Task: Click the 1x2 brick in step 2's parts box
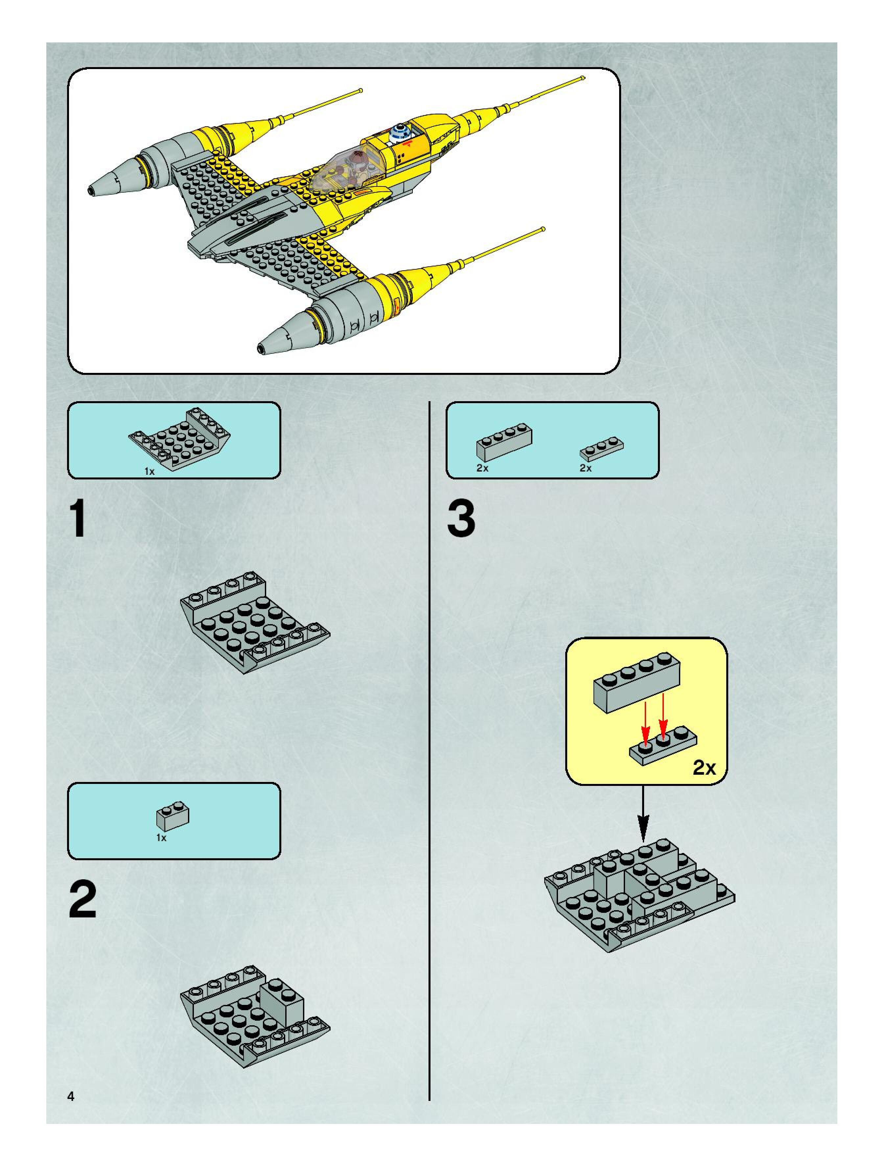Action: point(173,816)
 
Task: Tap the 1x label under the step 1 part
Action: point(149,472)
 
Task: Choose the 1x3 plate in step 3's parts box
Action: point(602,448)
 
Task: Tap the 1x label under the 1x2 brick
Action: point(161,838)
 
